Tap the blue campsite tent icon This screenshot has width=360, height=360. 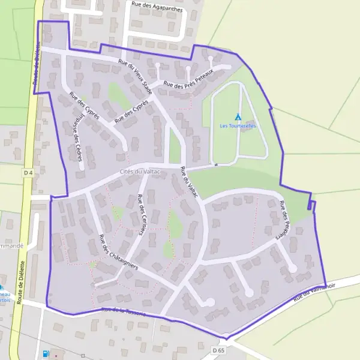pyautogui.click(x=238, y=116)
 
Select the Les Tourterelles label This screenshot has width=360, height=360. pyautogui.click(x=238, y=126)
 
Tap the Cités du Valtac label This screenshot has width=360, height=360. pyautogui.click(x=134, y=172)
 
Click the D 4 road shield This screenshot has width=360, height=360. pyautogui.click(x=27, y=173)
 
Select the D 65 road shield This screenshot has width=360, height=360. pyautogui.click(x=217, y=349)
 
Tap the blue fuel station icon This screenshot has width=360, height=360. pyautogui.click(x=46, y=354)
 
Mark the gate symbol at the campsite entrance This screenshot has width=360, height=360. pyautogui.click(x=214, y=164)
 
